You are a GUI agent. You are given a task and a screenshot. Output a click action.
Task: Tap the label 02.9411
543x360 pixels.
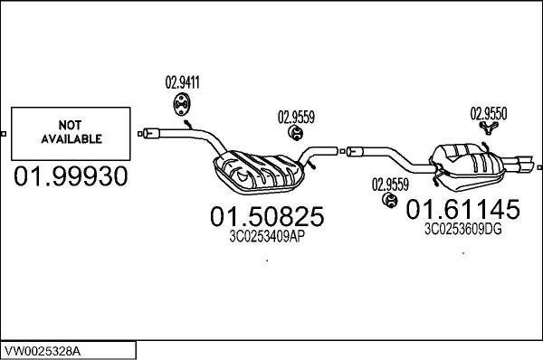[182, 84]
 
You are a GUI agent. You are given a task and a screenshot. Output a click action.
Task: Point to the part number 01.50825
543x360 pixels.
[267, 217]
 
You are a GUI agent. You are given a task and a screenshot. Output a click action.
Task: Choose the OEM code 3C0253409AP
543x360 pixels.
[267, 239]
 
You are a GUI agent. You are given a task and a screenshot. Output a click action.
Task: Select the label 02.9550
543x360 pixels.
[488, 114]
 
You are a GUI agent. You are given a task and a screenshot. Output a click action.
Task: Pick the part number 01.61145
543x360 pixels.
[462, 210]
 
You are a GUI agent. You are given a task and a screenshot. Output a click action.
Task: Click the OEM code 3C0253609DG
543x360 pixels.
[462, 230]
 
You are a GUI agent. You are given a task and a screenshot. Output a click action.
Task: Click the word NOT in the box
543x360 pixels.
[69, 126]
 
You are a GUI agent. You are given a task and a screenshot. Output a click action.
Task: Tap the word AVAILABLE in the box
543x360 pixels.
[69, 139]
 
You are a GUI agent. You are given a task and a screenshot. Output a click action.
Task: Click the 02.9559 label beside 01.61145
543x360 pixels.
[390, 184]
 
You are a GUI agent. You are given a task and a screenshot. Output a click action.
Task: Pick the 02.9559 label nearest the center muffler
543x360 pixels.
[296, 117]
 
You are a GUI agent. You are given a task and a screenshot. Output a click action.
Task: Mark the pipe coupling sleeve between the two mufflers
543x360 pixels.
[353, 148]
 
